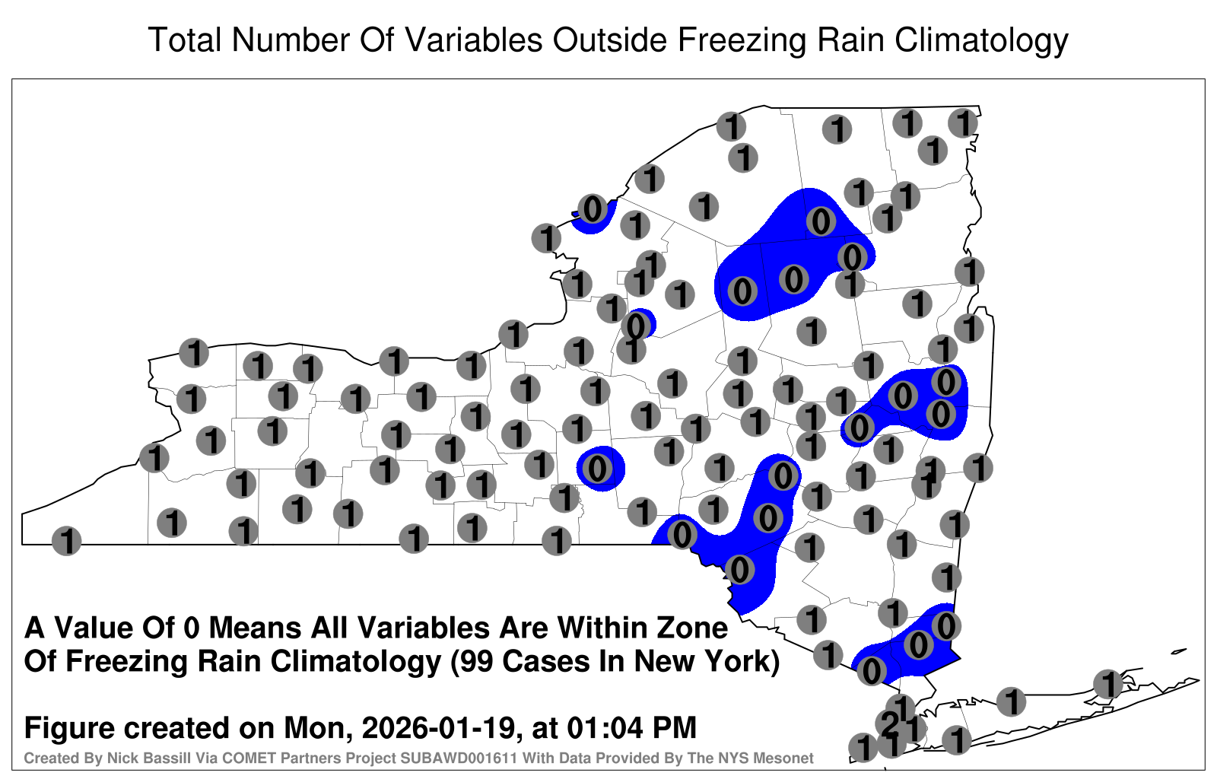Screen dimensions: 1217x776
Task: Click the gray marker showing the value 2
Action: (889, 724)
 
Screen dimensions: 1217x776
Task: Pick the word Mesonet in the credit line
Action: (786, 758)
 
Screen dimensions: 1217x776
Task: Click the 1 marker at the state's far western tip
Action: (66, 541)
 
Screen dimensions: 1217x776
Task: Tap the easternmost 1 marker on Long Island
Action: (1107, 684)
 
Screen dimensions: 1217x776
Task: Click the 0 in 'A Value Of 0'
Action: (191, 628)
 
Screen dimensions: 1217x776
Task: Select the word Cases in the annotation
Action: (540, 661)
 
